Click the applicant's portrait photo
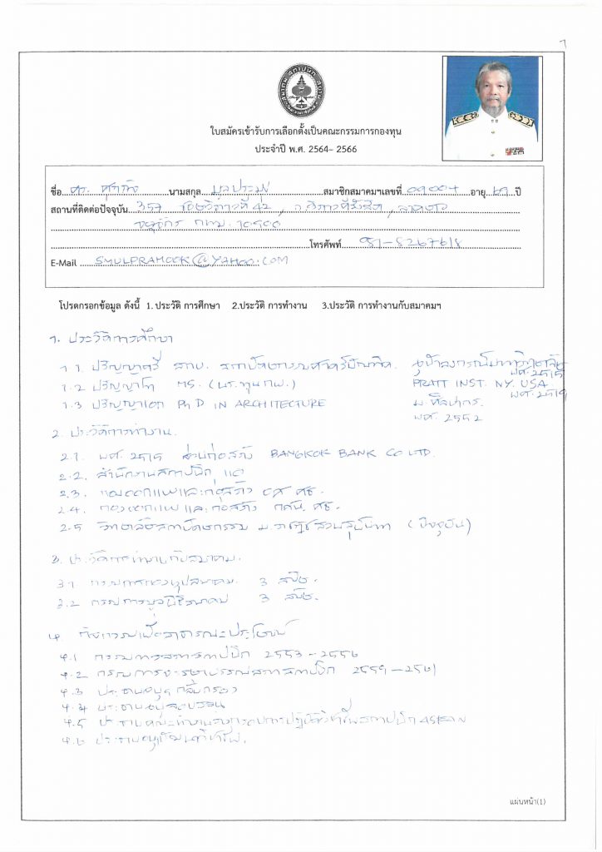tap(491, 108)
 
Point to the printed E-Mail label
tap(64, 263)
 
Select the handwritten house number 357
tap(151, 207)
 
